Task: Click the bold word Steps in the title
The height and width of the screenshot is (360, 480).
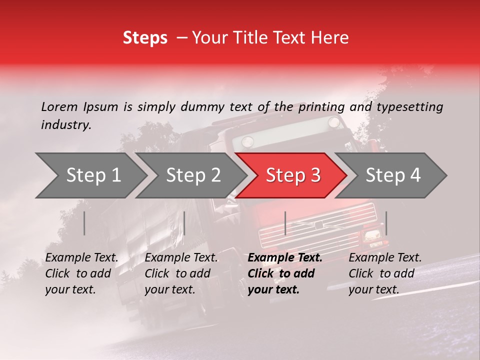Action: [145, 38]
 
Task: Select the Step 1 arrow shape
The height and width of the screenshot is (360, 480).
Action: [90, 175]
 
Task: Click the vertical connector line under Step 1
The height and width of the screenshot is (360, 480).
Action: [84, 223]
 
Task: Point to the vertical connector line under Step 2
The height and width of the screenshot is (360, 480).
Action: [184, 223]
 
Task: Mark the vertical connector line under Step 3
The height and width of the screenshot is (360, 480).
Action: [285, 223]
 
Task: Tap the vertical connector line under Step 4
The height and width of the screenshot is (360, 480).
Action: [386, 223]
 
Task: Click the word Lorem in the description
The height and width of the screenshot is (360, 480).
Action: [59, 106]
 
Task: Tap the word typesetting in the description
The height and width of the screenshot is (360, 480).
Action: [409, 107]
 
